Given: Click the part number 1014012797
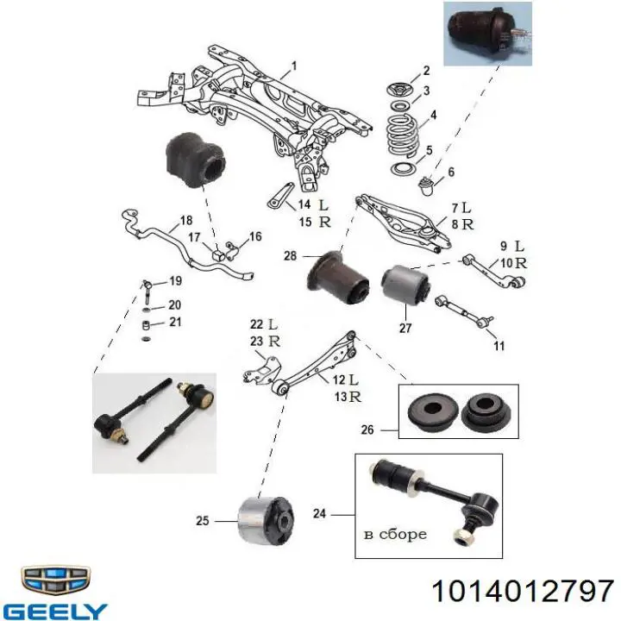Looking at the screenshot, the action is [523, 592].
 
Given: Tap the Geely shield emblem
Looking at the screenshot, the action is [55, 580].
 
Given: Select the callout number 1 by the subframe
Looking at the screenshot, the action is [294, 66].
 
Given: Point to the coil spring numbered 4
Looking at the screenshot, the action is [402, 135].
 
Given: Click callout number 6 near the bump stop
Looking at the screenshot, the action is [451, 172].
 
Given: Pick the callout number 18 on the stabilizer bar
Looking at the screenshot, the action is [186, 220].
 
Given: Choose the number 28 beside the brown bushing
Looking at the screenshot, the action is [290, 256].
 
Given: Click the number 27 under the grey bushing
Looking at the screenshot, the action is [405, 328].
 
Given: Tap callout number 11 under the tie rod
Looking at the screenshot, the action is [499, 346].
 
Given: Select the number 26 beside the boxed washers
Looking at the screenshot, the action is [367, 430].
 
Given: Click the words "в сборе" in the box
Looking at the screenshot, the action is [395, 534].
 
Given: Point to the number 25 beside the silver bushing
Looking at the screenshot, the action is [203, 520].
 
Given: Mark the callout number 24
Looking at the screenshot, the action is [319, 514].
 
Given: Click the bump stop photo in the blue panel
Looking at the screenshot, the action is [487, 34].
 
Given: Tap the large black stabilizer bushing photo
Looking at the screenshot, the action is [195, 160].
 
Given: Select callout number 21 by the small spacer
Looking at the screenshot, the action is [175, 322].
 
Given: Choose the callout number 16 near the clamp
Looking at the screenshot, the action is [255, 236].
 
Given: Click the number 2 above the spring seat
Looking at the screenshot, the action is [426, 71].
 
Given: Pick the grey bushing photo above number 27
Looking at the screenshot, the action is [405, 285].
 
